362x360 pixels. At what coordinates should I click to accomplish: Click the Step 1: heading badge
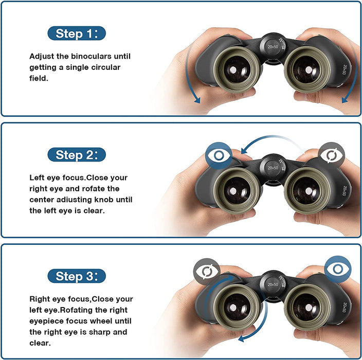coord(76,34)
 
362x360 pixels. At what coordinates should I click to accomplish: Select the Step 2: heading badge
coord(76,154)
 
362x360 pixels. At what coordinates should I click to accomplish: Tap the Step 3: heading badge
coord(76,276)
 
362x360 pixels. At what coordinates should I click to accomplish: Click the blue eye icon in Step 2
coord(218,155)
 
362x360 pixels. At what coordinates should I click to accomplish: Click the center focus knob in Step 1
coord(272,46)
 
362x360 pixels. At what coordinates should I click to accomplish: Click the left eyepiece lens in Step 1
coord(237,69)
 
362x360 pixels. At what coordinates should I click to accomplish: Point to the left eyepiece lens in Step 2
coord(237,190)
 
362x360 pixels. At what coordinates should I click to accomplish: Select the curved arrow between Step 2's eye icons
coord(273,141)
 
